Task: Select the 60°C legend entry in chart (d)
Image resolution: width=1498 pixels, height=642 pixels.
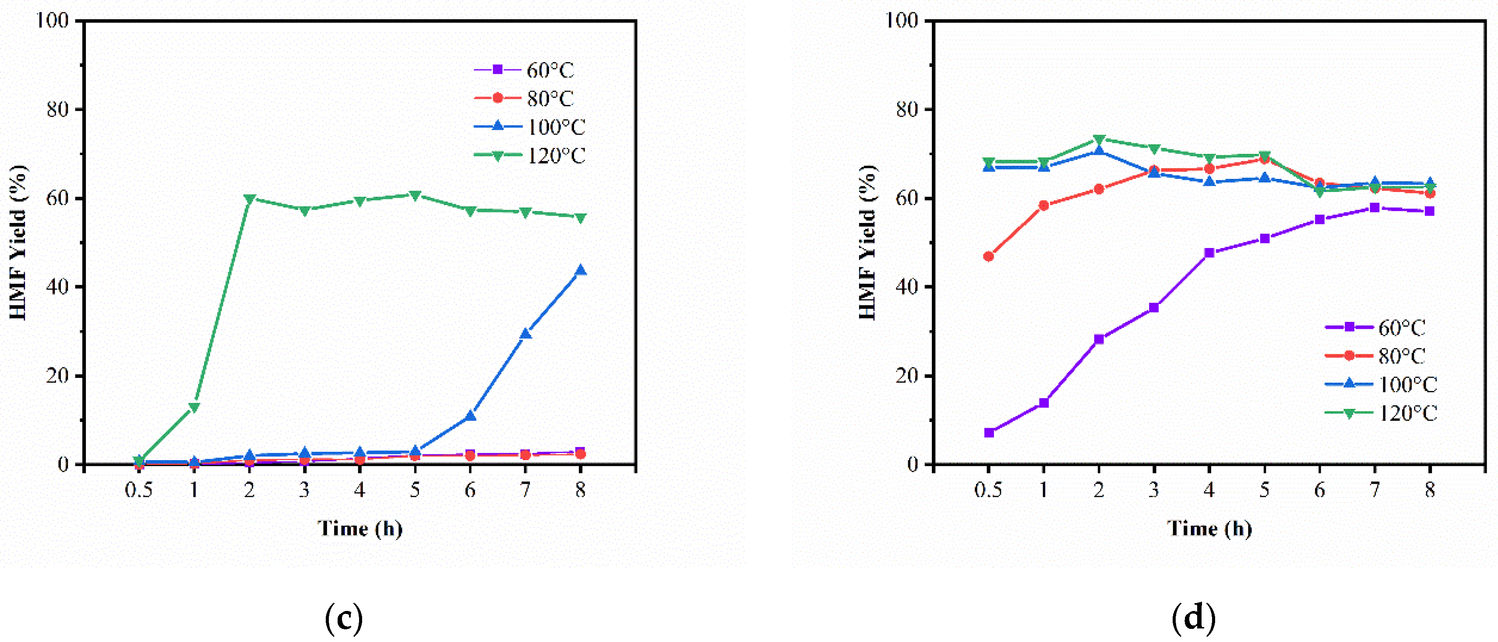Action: pos(1376,328)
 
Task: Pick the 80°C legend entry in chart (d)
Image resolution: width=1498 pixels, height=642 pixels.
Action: pos(1376,356)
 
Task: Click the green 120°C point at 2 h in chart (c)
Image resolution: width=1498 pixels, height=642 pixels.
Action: pos(250,199)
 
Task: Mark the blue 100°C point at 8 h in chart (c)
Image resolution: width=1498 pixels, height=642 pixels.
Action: pos(580,270)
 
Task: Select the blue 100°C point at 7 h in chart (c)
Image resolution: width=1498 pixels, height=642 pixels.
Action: pos(525,334)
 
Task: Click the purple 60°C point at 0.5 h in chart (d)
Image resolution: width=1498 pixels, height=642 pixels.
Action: pos(989,433)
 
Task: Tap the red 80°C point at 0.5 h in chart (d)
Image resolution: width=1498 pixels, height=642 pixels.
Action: pos(989,256)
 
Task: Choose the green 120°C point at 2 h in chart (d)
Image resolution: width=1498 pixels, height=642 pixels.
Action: pos(1099,140)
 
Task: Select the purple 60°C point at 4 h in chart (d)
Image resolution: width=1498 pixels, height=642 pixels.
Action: pos(1209,253)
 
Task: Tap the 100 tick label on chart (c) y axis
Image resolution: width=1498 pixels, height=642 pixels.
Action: pos(53,21)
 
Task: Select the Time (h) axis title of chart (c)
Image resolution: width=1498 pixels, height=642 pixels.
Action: pos(360,529)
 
